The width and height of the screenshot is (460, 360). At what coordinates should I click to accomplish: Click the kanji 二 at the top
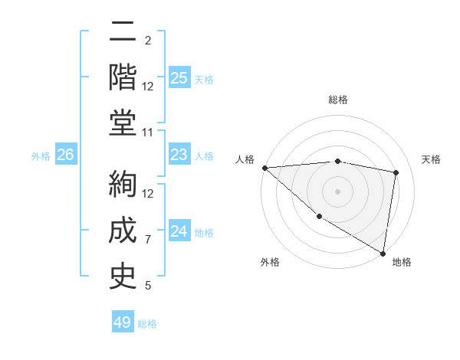tap(123, 33)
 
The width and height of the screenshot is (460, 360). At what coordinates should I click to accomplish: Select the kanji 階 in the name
tap(123, 77)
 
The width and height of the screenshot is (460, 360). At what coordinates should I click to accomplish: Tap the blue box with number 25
tap(179, 78)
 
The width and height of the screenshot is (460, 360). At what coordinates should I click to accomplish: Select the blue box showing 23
tap(179, 155)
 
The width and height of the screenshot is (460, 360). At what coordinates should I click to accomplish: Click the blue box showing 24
tap(179, 232)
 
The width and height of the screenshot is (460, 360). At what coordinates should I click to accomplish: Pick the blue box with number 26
tap(65, 155)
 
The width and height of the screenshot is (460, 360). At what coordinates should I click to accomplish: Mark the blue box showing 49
tap(123, 322)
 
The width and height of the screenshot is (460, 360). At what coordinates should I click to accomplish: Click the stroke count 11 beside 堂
tap(148, 133)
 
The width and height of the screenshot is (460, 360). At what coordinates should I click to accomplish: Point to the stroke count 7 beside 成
tap(148, 240)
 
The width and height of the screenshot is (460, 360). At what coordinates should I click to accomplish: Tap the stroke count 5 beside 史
tap(148, 286)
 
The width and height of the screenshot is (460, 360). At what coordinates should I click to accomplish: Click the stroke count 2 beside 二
tap(148, 40)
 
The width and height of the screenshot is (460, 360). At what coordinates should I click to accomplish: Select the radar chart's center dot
tap(337, 191)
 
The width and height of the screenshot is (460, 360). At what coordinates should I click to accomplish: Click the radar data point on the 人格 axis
tap(264, 167)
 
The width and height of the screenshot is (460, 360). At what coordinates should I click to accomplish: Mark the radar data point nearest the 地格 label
tap(383, 253)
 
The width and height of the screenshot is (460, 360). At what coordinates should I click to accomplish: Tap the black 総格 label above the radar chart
tap(337, 100)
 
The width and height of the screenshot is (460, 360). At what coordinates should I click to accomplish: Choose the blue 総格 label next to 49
tap(147, 324)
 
